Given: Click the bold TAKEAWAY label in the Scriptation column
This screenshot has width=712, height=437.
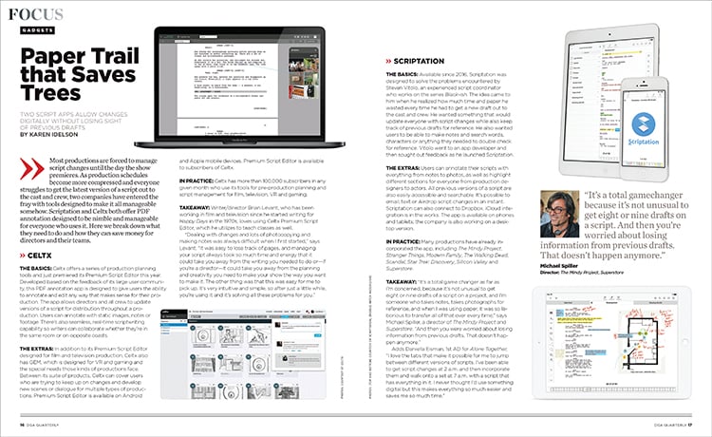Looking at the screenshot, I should (x=402, y=283).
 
